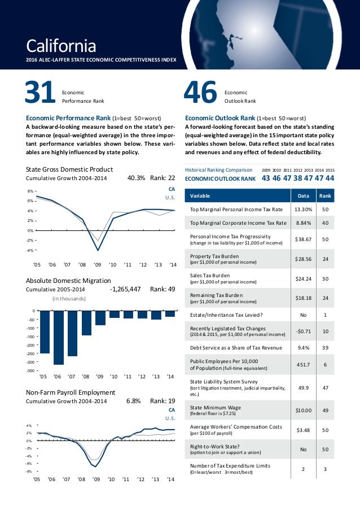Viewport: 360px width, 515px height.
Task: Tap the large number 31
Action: [39, 93]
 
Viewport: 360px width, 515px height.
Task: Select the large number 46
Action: [201, 93]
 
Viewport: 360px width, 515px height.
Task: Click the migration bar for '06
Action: [58, 337]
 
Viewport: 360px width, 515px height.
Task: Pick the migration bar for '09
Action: [100, 318]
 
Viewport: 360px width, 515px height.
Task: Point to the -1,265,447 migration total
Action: [125, 289]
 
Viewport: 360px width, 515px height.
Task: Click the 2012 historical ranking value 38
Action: [297, 178]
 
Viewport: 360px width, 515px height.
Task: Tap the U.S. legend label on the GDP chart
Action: [170, 197]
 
